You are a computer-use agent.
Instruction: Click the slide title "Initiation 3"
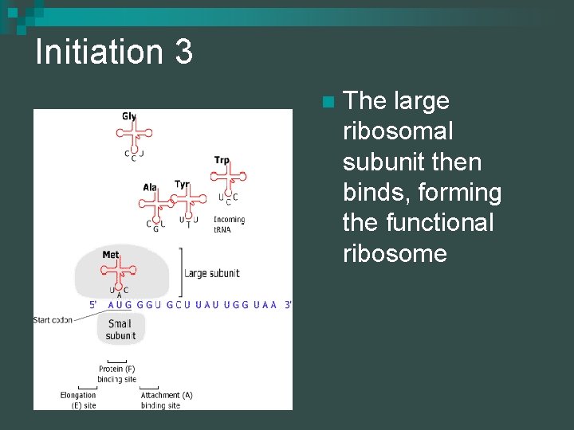pyautogui.click(x=114, y=53)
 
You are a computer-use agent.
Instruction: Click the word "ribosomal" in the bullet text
pyautogui.click(x=397, y=131)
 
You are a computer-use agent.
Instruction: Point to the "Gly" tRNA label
pyautogui.click(x=128, y=116)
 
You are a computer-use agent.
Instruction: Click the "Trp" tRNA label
pyautogui.click(x=222, y=160)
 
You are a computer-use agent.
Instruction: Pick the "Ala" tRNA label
pyautogui.click(x=150, y=187)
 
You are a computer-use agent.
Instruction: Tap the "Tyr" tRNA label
pyautogui.click(x=182, y=185)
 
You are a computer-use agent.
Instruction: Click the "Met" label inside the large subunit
pyautogui.click(x=111, y=255)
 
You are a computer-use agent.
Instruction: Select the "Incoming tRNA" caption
pyautogui.click(x=230, y=225)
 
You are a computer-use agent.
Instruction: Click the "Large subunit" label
pyautogui.click(x=212, y=273)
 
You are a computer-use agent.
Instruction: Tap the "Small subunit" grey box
pyautogui.click(x=120, y=330)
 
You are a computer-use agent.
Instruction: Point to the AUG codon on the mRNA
pyautogui.click(x=120, y=304)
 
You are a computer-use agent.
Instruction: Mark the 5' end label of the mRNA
pyautogui.click(x=94, y=304)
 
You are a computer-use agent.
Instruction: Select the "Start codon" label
pyautogui.click(x=53, y=320)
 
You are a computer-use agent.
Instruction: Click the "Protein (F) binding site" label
pyautogui.click(x=116, y=374)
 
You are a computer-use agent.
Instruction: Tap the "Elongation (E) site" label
pyautogui.click(x=78, y=400)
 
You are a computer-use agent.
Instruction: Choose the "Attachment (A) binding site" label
pyautogui.click(x=166, y=400)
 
